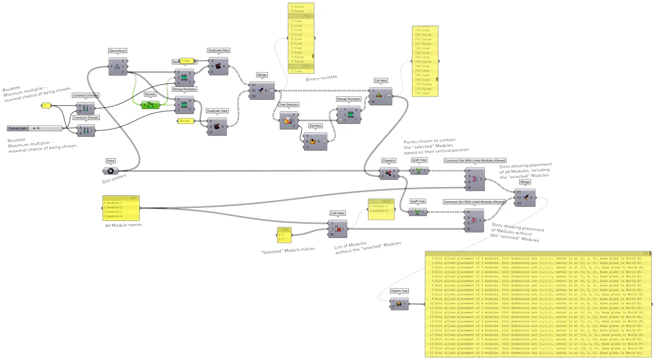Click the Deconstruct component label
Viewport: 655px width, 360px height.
click(x=117, y=51)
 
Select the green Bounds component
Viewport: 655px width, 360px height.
click(x=150, y=105)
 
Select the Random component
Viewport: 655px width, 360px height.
click(x=315, y=141)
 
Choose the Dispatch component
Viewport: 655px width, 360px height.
click(x=389, y=173)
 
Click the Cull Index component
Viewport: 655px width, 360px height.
click(x=337, y=230)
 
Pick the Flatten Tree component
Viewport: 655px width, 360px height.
click(x=400, y=304)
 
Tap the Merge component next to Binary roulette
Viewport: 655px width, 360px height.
click(x=261, y=91)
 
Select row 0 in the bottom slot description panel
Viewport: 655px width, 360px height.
click(x=535, y=258)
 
